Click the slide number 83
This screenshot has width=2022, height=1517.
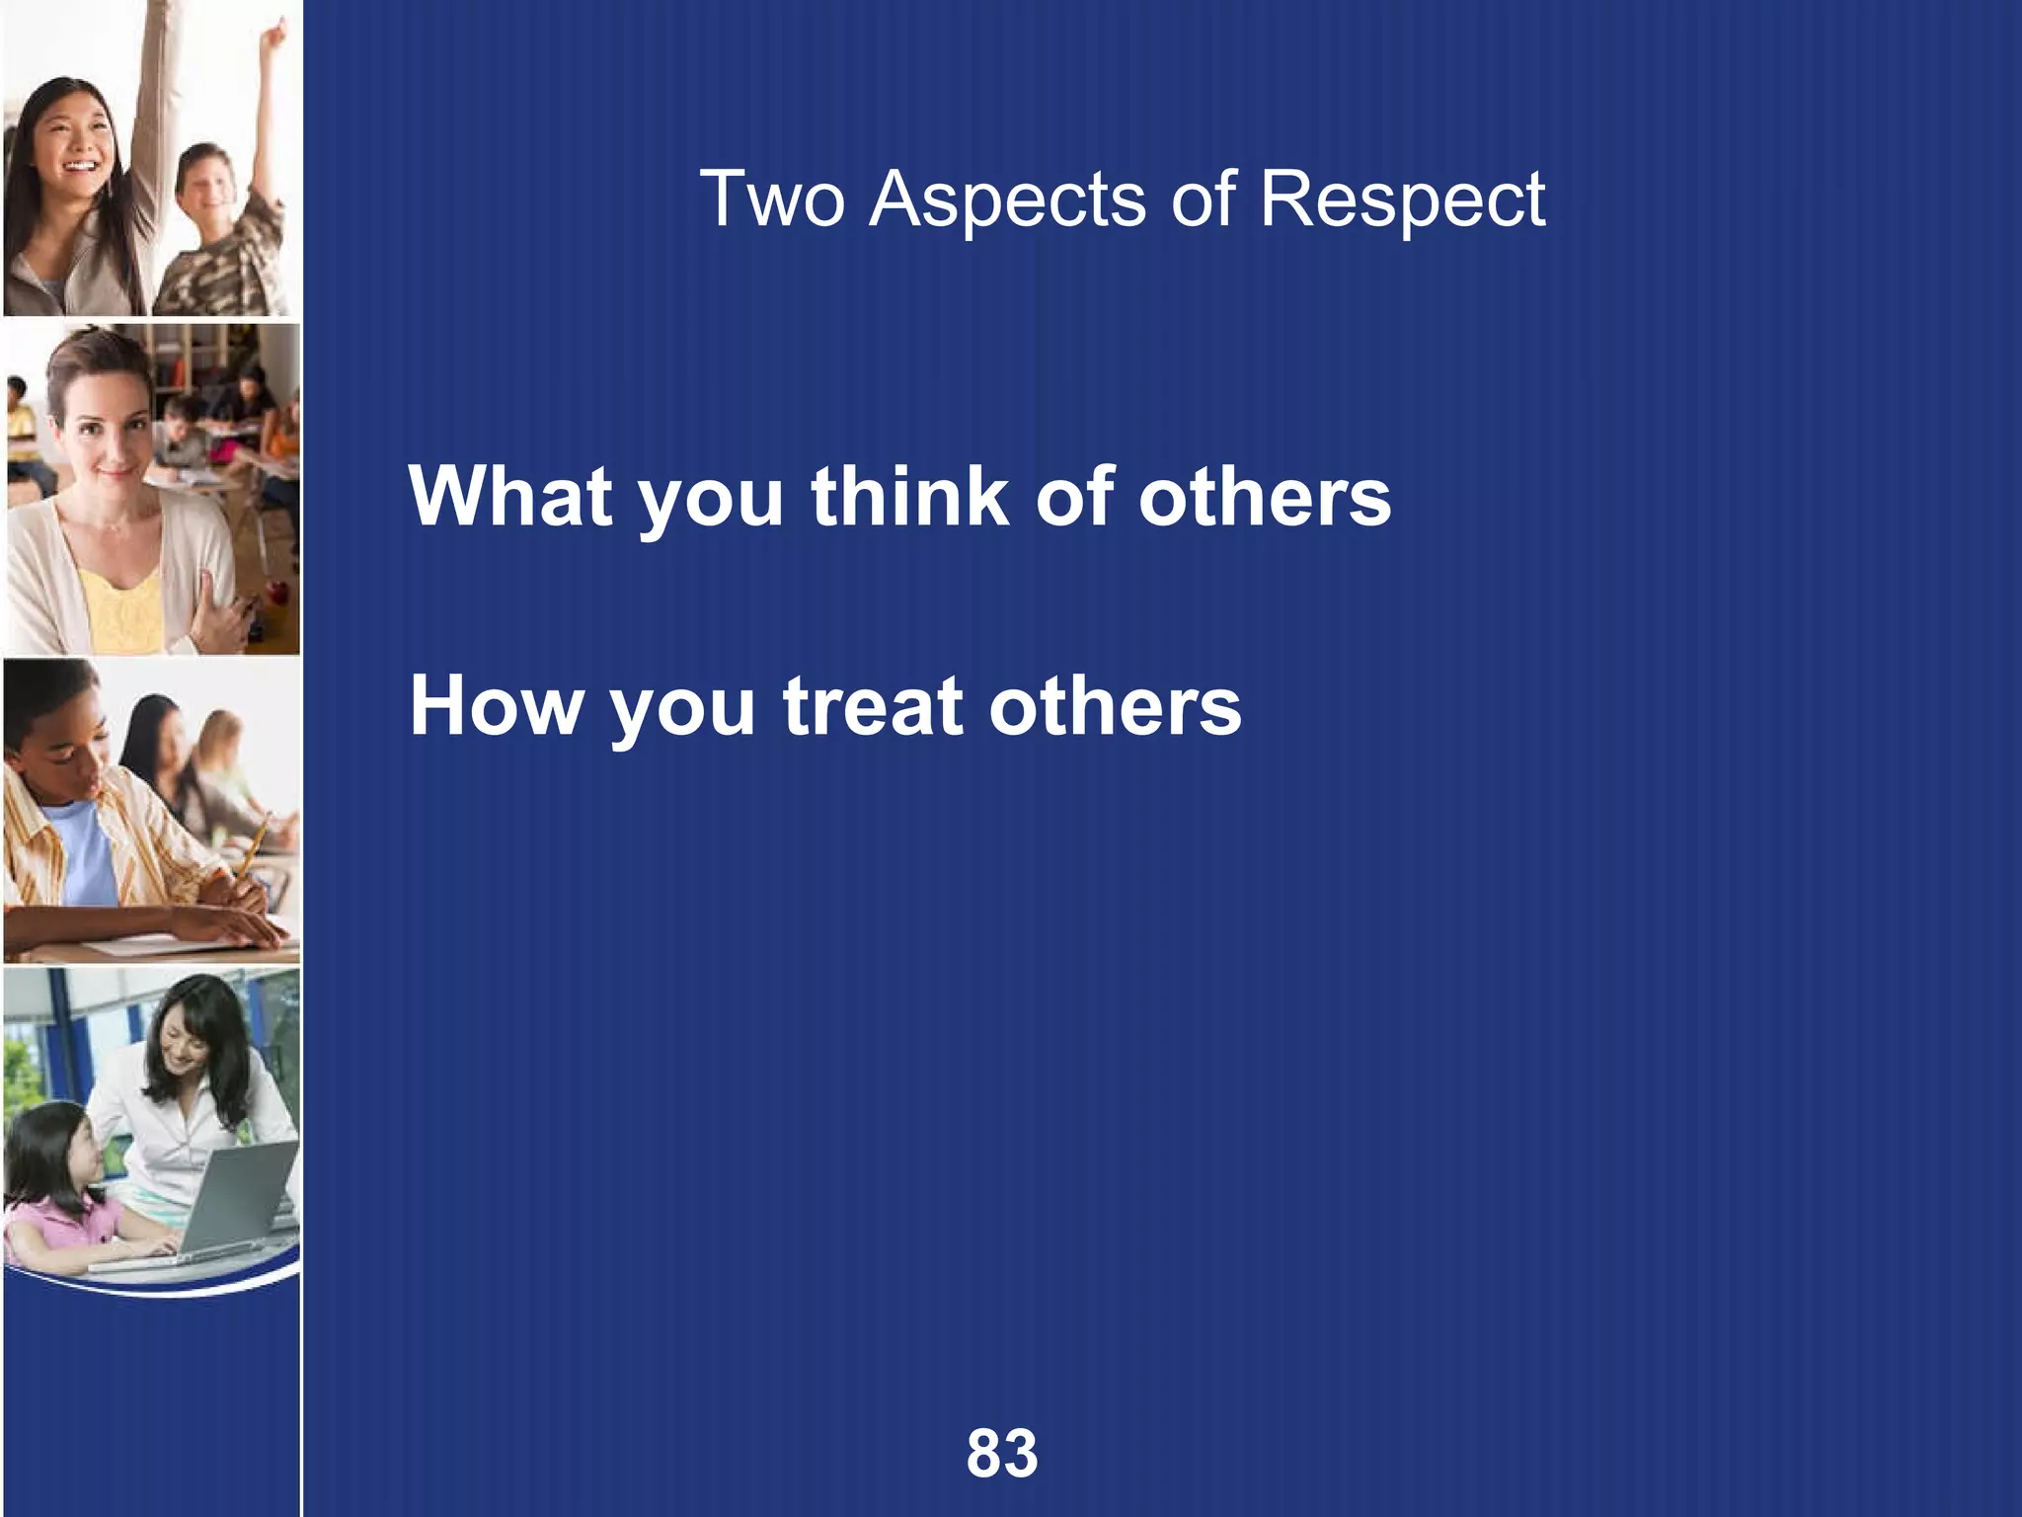point(1002,1453)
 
